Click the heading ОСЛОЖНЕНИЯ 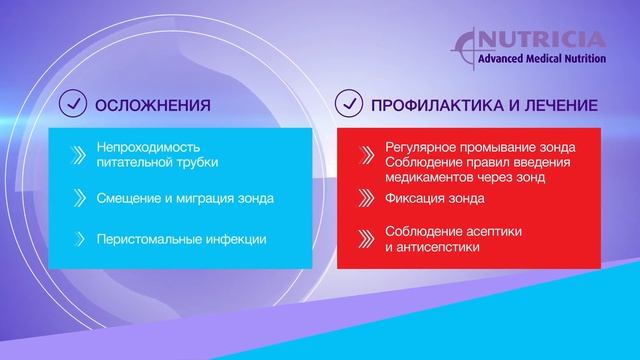151,104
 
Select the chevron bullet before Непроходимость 79,154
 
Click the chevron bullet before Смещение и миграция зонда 79,198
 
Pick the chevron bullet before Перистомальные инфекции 79,240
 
